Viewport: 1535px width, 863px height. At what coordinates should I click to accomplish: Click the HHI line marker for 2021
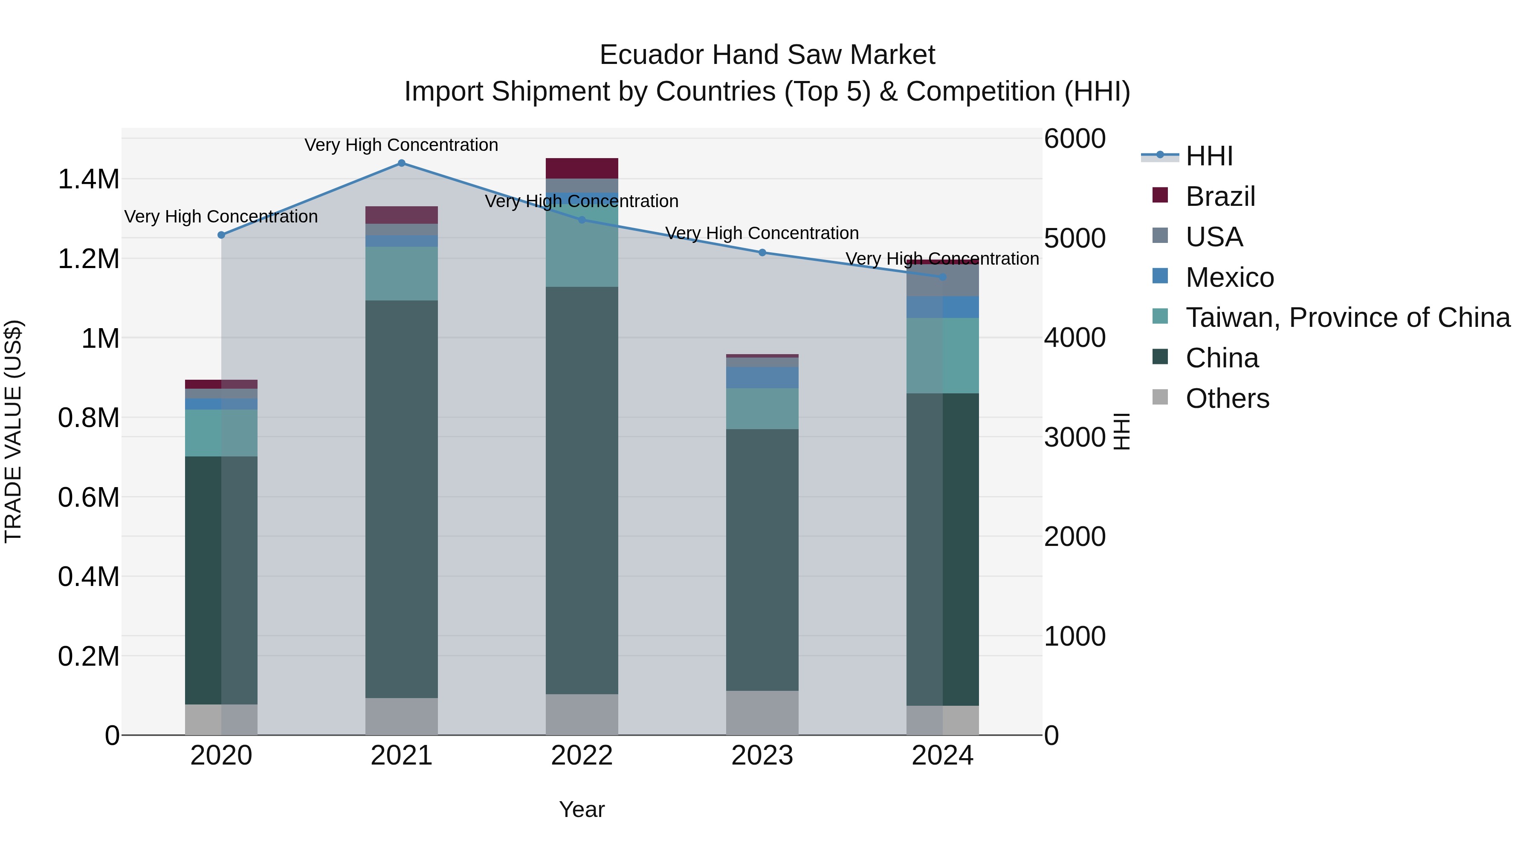[x=401, y=163]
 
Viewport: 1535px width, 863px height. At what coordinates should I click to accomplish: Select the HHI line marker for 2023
[x=762, y=253]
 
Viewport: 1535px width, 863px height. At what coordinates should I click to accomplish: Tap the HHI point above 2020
[x=221, y=235]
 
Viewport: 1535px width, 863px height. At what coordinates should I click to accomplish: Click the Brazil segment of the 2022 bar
[x=582, y=168]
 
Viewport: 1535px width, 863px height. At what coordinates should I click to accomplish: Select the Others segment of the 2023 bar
[x=762, y=713]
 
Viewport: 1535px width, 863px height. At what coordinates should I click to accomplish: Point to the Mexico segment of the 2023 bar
[x=762, y=378]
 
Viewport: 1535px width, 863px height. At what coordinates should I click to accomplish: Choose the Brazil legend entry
[x=1220, y=196]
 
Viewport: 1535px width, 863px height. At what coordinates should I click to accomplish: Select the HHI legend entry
[x=1208, y=156]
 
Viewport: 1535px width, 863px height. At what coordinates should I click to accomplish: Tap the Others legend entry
[x=1227, y=398]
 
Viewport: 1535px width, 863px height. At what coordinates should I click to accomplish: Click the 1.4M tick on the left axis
[x=88, y=179]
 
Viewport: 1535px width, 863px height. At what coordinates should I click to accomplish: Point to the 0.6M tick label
[x=88, y=497]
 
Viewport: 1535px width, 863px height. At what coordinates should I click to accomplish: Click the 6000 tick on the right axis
[x=1074, y=139]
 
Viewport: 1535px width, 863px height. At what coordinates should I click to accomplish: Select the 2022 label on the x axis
[x=582, y=756]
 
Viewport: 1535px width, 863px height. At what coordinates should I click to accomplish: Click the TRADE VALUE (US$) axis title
[x=13, y=431]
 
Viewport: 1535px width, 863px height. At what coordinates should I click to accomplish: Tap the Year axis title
[x=582, y=809]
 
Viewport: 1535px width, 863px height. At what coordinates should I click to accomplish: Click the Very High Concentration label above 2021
[x=401, y=145]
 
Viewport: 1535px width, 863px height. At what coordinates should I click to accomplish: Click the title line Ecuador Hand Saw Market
[x=767, y=55]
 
